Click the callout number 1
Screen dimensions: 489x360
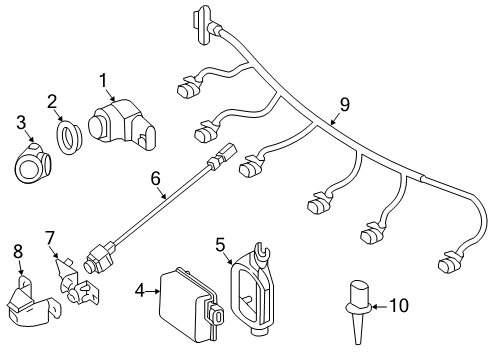(x=104, y=81)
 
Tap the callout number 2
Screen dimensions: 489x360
(x=52, y=102)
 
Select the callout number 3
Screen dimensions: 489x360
(x=21, y=122)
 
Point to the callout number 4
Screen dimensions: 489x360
(x=140, y=291)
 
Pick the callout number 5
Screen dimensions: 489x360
(x=220, y=245)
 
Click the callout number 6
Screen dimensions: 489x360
(x=156, y=179)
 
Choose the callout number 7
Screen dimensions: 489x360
(x=49, y=239)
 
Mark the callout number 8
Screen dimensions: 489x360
(x=18, y=251)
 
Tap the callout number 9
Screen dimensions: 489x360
(x=345, y=104)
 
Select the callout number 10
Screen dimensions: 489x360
(x=399, y=305)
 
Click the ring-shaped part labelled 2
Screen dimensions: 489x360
(x=68, y=138)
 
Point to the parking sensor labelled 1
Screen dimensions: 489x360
(x=122, y=124)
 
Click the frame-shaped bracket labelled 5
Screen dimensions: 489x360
(x=253, y=288)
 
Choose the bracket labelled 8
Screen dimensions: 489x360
(x=33, y=300)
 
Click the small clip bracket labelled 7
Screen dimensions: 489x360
(x=77, y=281)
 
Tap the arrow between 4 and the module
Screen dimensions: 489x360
(x=153, y=291)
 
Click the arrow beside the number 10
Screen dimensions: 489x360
(x=379, y=306)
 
